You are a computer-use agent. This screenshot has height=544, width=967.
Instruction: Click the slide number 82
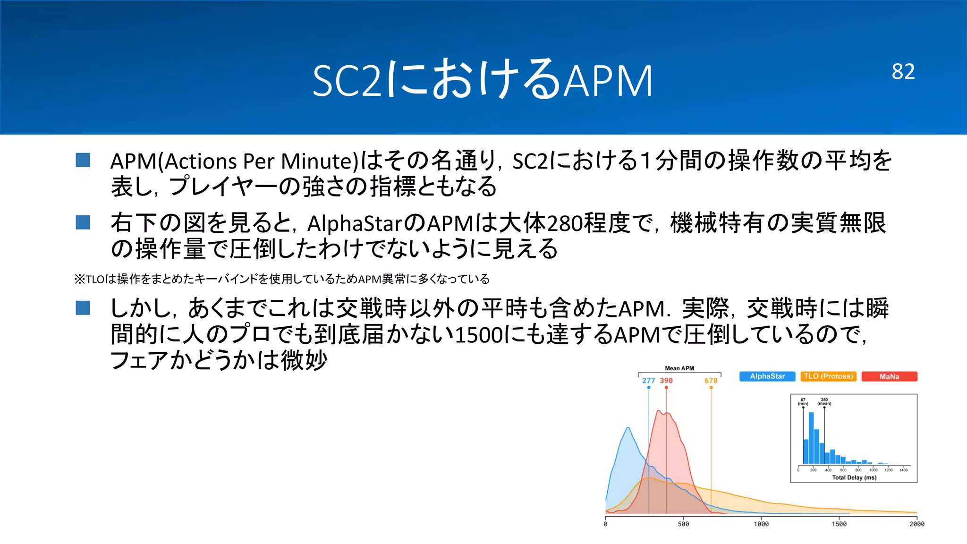coord(903,72)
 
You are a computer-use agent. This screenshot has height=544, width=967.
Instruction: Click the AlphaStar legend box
coord(767,376)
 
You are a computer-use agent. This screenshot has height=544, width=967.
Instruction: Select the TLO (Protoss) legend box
coord(828,376)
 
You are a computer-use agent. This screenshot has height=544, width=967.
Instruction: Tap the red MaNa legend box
coord(889,376)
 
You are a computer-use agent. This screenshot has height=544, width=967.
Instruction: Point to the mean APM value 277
coord(648,381)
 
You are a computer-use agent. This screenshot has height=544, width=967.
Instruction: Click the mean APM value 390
coord(666,381)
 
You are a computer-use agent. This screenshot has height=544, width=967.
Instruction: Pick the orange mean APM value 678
coord(711,381)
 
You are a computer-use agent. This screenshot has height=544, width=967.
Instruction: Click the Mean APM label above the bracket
coord(679,368)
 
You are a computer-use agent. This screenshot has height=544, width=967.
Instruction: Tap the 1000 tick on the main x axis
coord(761,524)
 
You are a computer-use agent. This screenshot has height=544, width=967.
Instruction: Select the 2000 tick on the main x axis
coord(916,524)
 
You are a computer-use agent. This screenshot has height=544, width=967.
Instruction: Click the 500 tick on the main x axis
coord(683,524)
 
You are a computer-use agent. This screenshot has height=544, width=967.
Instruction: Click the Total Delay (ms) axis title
coord(854,477)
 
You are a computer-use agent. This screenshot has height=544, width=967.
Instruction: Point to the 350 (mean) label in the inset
coord(824,401)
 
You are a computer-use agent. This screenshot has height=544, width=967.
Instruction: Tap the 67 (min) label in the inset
coord(803,401)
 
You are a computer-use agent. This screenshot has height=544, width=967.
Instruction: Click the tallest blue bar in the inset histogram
coord(811,439)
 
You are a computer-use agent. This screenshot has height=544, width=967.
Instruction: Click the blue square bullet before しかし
coord(83,308)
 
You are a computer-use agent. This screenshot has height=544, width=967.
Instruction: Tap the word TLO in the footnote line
coord(95,280)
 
